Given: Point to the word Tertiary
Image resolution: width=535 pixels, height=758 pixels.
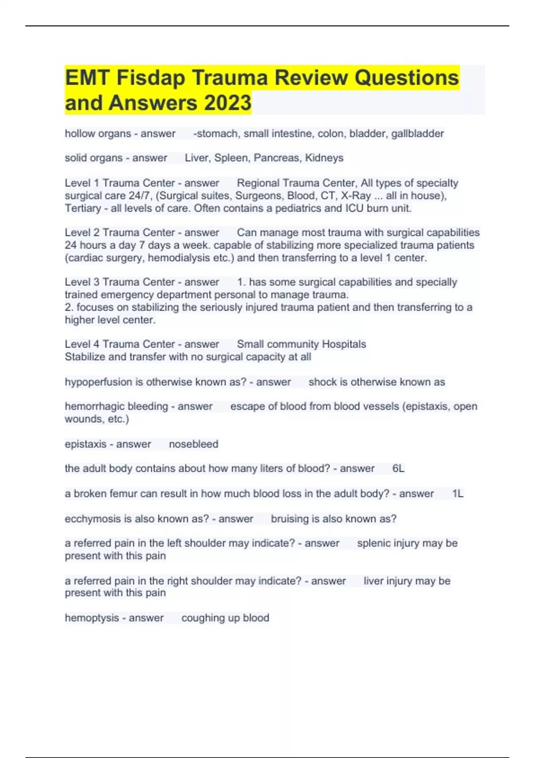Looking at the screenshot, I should [x=83, y=208].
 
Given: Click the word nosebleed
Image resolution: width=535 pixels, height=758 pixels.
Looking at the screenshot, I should [x=193, y=444].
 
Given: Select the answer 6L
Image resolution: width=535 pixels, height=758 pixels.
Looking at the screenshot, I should [x=398, y=469].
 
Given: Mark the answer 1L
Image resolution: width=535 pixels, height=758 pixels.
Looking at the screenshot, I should [x=457, y=494].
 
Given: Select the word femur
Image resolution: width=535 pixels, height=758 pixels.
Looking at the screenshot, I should [x=126, y=494].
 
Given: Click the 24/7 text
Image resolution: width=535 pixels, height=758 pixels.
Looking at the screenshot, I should [x=142, y=196].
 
